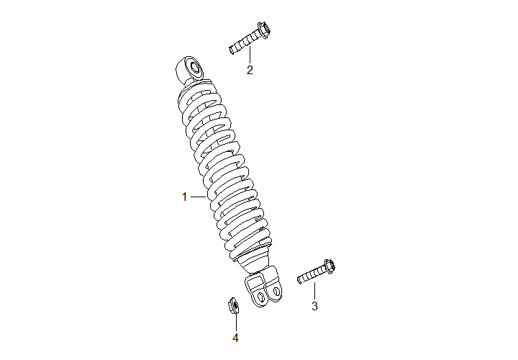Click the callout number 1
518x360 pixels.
coord(184,197)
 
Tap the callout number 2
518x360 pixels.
coord(250,70)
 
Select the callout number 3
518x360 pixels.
coord(314,306)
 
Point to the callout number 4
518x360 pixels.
coord(235,338)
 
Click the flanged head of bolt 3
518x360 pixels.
coord(330,266)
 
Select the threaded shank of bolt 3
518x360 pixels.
coord(312,275)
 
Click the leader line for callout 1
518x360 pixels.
coord(199,197)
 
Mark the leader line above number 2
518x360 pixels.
coord(250,54)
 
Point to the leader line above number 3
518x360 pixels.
coord(314,291)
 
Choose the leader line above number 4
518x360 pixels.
coord(235,323)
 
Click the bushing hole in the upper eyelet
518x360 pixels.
coord(194,69)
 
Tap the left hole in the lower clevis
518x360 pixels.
coord(261,297)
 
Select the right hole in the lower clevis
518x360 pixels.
coord(276,291)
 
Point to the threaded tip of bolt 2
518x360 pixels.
coord(231,50)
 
